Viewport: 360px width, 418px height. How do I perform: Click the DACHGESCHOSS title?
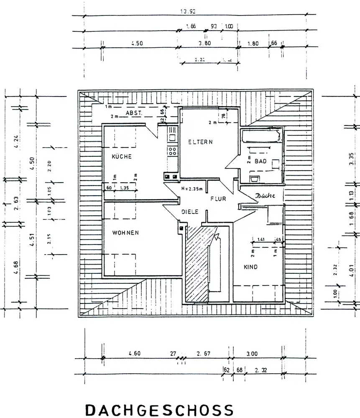click(159, 410)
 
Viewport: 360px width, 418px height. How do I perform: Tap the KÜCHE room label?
click(122, 157)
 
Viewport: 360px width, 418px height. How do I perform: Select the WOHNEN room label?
click(125, 232)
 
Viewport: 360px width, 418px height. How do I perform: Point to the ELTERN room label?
click(200, 142)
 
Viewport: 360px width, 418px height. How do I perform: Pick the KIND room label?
click(251, 267)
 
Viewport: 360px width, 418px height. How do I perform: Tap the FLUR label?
click(218, 199)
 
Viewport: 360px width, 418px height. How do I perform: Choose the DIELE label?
click(189, 212)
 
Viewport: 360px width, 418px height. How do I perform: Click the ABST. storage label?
click(135, 113)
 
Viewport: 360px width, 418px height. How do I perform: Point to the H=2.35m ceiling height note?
click(192, 189)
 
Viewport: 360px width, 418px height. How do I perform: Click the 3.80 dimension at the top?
click(205, 43)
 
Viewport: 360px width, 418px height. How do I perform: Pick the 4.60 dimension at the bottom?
click(134, 354)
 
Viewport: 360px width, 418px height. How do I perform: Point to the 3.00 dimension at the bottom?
click(252, 354)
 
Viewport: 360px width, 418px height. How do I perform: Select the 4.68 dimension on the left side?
click(16, 266)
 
